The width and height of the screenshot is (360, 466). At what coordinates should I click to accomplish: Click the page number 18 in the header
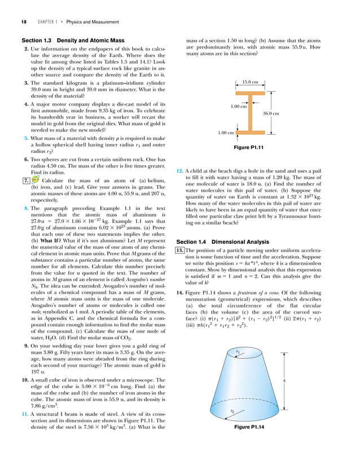click(x=24, y=22)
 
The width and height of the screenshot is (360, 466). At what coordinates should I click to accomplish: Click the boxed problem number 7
click(x=26, y=180)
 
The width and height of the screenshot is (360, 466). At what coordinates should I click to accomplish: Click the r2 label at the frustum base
click(x=233, y=427)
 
